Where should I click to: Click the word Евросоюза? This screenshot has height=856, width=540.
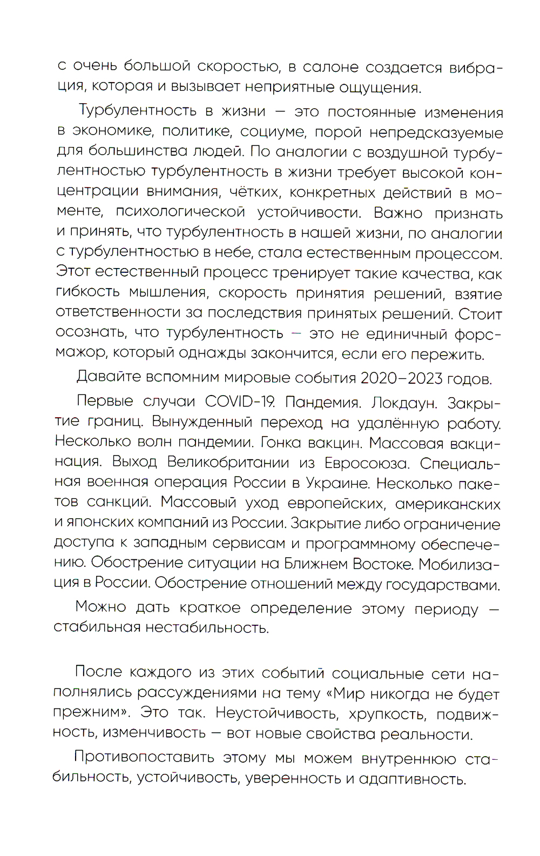[366, 464]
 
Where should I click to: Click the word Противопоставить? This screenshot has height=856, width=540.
[144, 758]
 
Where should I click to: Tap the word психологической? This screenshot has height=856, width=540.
[181, 212]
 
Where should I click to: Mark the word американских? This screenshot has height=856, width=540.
[448, 504]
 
